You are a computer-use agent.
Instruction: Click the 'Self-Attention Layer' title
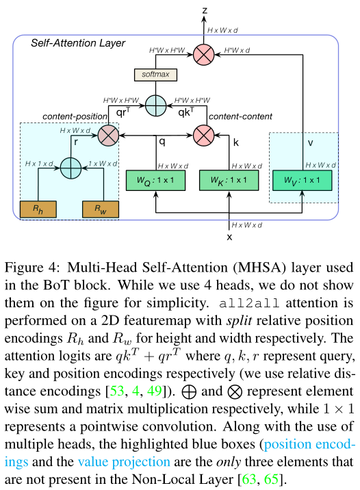tap(77, 43)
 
